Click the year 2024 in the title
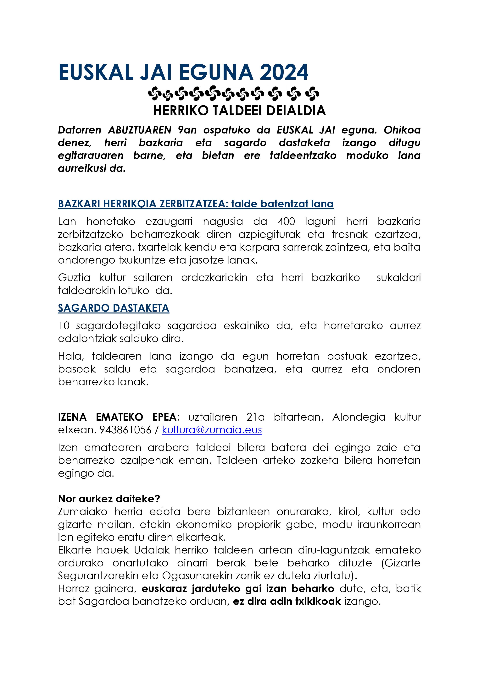284,72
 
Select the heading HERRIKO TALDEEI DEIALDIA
239,111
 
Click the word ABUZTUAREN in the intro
140,130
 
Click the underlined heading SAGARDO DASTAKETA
114,308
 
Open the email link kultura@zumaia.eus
212,430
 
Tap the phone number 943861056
125,430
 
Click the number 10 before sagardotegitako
64,326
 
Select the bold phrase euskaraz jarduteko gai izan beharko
238,589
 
